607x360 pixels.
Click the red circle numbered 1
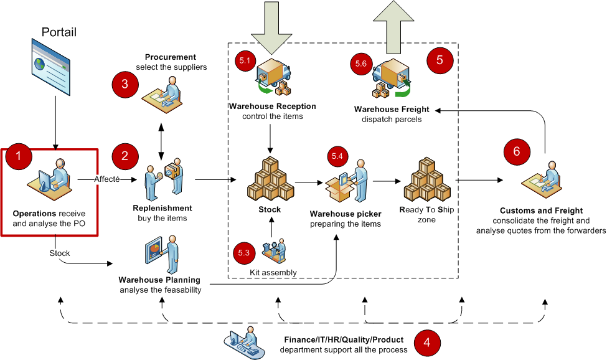tap(19, 156)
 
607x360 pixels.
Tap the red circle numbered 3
tap(125, 84)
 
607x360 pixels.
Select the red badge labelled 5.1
tap(245, 60)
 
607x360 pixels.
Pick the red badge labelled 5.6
tap(361, 64)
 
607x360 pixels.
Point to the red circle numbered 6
tap(517, 151)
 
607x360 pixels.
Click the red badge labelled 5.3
tap(244, 253)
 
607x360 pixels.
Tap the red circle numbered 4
tap(427, 342)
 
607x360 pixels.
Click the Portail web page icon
tap(50, 66)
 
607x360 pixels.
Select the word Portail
tap(59, 32)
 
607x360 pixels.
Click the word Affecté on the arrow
tap(107, 179)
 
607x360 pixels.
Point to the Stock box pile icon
tap(270, 179)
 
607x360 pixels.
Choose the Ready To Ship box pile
tap(427, 179)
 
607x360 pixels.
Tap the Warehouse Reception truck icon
tap(273, 77)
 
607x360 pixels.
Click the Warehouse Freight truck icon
tap(392, 78)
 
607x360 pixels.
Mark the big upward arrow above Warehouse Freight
tap(393, 27)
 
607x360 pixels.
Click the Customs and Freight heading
tap(541, 211)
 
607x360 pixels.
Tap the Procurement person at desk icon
tap(162, 95)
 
